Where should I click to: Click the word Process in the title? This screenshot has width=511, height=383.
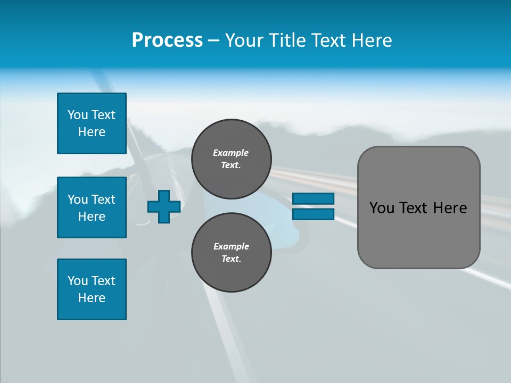(x=167, y=40)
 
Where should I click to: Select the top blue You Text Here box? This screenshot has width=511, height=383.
(x=92, y=123)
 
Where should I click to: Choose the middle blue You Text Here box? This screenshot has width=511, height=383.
(x=92, y=207)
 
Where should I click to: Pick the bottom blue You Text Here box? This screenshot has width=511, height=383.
(x=92, y=289)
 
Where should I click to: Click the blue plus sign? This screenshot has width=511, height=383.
(x=164, y=207)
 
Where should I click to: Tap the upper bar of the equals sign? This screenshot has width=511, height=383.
(x=314, y=199)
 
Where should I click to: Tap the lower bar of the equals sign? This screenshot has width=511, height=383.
(x=314, y=214)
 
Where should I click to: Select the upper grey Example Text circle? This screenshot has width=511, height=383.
(x=232, y=159)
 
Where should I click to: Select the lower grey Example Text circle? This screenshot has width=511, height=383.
(x=232, y=253)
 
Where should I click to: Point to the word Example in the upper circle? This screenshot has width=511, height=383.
(x=231, y=153)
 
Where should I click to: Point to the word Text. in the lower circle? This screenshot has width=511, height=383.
(x=231, y=259)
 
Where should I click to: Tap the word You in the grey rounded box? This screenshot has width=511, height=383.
(x=382, y=208)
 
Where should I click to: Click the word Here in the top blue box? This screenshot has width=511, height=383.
(x=92, y=132)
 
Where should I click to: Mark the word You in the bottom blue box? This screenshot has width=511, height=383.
(x=78, y=281)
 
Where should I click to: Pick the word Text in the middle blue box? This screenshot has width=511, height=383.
(x=103, y=199)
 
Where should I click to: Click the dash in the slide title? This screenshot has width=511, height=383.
(x=214, y=40)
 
